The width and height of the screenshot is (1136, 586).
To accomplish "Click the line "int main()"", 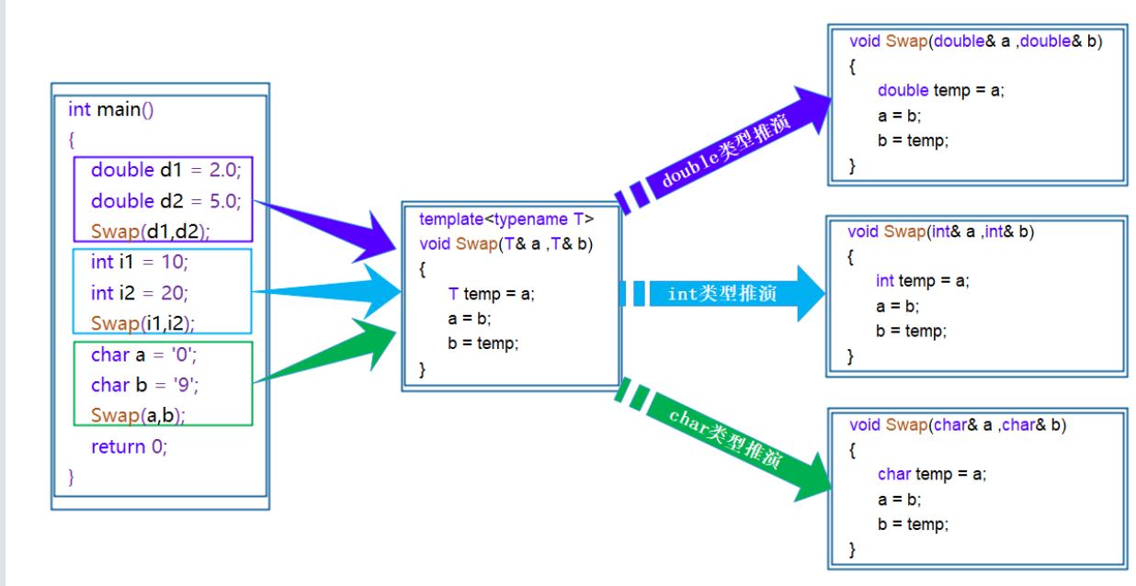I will [111, 110].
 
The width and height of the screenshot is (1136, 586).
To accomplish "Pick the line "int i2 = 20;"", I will [139, 293].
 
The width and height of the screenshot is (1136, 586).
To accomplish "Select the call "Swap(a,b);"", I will [138, 415].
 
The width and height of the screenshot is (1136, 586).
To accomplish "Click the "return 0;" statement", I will [130, 447].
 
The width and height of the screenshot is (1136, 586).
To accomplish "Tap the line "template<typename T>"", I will [506, 220].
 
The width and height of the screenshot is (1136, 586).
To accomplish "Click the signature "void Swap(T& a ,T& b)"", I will [506, 244].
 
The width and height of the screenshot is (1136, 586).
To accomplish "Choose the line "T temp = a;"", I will [491, 294].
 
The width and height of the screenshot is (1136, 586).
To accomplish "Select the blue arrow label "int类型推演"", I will [722, 294].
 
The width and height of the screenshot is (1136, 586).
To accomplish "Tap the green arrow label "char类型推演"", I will [725, 440].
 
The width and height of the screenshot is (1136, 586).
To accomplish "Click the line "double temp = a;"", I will [941, 90].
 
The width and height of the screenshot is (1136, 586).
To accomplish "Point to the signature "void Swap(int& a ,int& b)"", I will [940, 232].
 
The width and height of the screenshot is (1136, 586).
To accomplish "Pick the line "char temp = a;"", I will [932, 474].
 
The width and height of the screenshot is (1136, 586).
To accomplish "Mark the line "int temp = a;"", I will [922, 281].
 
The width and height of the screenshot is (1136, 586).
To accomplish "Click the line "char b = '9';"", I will [145, 385].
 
